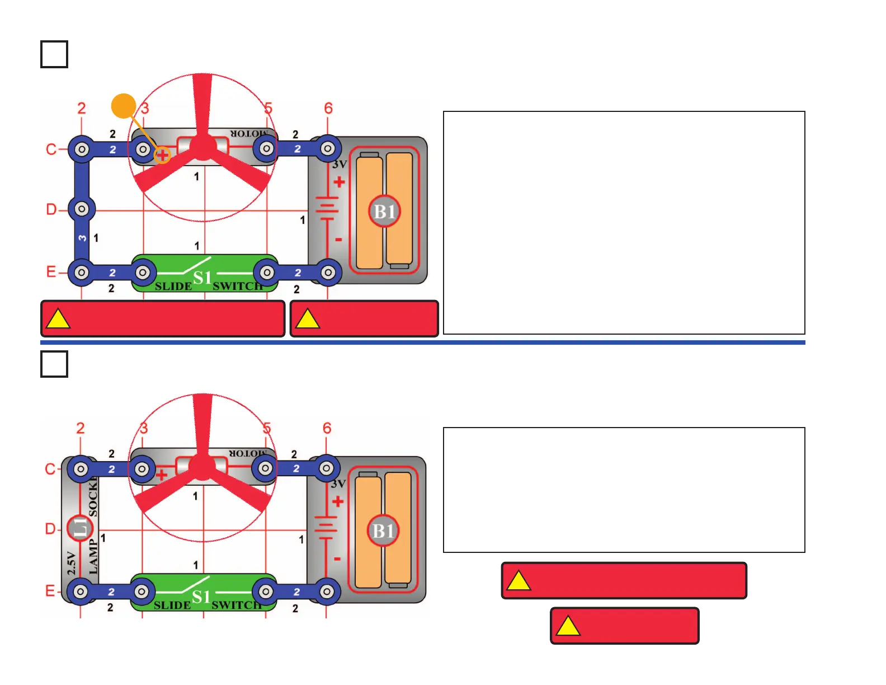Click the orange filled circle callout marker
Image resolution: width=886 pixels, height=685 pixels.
point(124,106)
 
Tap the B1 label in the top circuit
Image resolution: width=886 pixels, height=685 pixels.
point(384,212)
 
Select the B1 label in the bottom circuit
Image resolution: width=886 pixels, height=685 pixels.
point(383,531)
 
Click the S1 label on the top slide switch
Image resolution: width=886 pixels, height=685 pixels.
point(202,277)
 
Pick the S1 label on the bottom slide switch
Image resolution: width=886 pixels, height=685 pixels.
point(201,597)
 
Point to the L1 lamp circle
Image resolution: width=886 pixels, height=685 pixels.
point(80,527)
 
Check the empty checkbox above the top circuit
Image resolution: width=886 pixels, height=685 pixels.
point(54,54)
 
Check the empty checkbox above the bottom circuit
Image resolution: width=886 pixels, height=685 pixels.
point(54,364)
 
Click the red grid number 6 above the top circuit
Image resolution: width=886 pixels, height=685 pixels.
point(328,108)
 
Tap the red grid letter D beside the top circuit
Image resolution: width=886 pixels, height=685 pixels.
point(51,209)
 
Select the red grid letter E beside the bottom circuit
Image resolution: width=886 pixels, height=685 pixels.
point(50,591)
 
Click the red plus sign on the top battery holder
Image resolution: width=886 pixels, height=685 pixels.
point(339,182)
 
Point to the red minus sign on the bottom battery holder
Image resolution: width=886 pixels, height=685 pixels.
point(337,559)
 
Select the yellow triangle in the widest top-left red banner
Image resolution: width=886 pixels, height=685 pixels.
point(58,320)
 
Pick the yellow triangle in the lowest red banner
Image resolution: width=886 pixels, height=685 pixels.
point(568,626)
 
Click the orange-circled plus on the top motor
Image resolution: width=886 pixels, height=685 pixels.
point(162,155)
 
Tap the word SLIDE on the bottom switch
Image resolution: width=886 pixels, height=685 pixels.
point(172,606)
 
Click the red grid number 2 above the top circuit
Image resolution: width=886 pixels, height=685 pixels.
point(82,108)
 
